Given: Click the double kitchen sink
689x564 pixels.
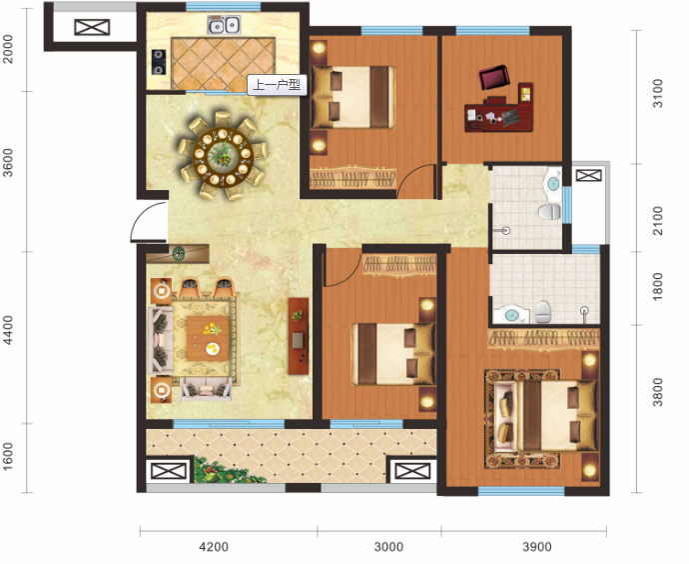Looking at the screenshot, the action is pyautogui.click(x=224, y=25).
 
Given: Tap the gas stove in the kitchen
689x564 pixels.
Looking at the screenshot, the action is pyautogui.click(x=159, y=62).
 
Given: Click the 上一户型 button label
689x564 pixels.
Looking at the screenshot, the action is pyautogui.click(x=277, y=84).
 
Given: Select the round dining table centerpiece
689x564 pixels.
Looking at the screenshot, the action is pyautogui.click(x=223, y=153).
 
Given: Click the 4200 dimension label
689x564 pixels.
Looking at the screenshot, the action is pyautogui.click(x=214, y=547).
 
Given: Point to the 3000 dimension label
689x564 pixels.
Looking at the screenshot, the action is pyautogui.click(x=388, y=547).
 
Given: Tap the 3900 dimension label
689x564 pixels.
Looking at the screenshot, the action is pyautogui.click(x=536, y=547).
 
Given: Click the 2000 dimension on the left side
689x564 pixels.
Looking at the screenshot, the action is pyautogui.click(x=8, y=49).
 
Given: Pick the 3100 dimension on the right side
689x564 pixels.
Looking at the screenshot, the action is pyautogui.click(x=657, y=93).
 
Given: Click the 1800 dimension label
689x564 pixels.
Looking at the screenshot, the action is pyautogui.click(x=657, y=287).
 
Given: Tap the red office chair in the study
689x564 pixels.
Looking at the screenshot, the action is pyautogui.click(x=494, y=77).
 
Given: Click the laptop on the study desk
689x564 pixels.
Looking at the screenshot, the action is pyautogui.click(x=510, y=117).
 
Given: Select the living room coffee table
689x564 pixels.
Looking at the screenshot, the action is pyautogui.click(x=208, y=338).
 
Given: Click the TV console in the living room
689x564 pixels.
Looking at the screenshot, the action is pyautogui.click(x=299, y=336).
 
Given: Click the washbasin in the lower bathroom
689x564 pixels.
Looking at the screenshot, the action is pyautogui.click(x=510, y=315).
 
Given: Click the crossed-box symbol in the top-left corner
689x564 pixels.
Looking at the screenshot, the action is pyautogui.click(x=92, y=27).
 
